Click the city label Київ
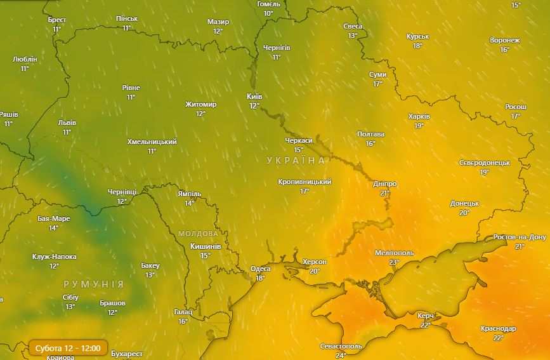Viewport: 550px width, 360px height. click(x=254, y=97)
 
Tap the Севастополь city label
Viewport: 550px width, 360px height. click(x=341, y=346)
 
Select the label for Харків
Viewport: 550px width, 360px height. click(x=419, y=117)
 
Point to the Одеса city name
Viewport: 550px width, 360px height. click(x=260, y=269)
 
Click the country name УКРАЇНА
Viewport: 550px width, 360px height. click(x=296, y=161)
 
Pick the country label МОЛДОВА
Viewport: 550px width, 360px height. click(x=198, y=234)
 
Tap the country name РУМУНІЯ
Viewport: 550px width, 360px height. click(x=93, y=283)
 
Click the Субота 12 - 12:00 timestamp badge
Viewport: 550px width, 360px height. click(x=67, y=349)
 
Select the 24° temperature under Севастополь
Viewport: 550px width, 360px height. click(x=341, y=355)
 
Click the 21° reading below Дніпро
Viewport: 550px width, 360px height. click(x=385, y=193)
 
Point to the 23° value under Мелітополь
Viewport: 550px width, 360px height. click(x=395, y=262)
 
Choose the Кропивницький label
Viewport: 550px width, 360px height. click(x=304, y=182)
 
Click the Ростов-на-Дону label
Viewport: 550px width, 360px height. click(x=520, y=237)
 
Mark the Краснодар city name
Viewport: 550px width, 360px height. click(x=499, y=329)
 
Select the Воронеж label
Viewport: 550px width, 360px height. click(x=505, y=41)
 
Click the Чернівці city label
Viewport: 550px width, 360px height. click(x=122, y=192)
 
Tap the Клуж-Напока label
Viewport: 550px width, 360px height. click(x=55, y=257)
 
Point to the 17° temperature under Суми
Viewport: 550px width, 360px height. click(x=378, y=84)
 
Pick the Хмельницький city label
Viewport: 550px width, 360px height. click(x=152, y=142)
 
